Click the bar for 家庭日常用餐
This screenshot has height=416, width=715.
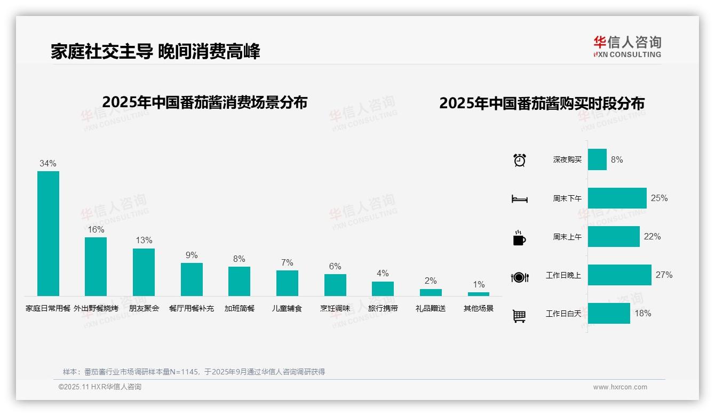click(48, 234)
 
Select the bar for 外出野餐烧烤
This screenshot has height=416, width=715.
click(96, 267)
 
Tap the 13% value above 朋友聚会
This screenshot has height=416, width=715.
click(144, 241)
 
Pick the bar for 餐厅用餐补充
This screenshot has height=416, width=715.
click(192, 279)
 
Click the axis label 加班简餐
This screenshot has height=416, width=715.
click(239, 308)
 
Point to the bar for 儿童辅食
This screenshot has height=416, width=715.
click(287, 283)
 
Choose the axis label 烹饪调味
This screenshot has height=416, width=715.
click(335, 308)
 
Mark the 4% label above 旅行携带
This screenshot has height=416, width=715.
click(383, 274)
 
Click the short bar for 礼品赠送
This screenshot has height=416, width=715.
click(431, 292)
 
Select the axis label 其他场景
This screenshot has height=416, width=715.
click(478, 308)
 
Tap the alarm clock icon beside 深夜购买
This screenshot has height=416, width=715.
click(519, 160)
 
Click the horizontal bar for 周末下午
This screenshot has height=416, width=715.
click(617, 198)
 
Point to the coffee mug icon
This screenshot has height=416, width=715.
click(519, 238)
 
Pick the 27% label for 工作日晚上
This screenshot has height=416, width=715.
click(664, 275)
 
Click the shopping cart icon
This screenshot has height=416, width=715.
click(519, 316)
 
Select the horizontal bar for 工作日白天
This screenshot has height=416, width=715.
click(609, 314)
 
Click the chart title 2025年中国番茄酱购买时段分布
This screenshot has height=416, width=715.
click(542, 103)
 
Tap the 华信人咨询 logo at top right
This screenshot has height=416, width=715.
click(627, 46)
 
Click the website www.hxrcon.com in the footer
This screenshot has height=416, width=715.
click(620, 387)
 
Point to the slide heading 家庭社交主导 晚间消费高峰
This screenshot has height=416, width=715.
click(155, 52)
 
